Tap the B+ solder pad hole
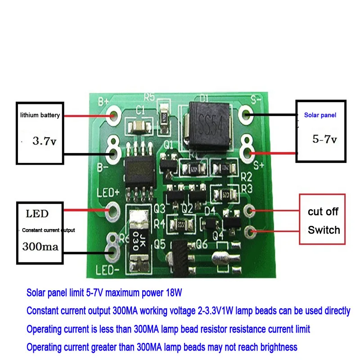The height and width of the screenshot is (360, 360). pyautogui.click(x=113, y=116)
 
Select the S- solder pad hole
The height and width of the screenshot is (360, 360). pyautogui.click(x=246, y=114)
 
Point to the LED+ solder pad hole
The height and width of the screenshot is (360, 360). pyautogui.click(x=112, y=209)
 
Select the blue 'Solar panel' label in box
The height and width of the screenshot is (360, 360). pyautogui.click(x=320, y=115)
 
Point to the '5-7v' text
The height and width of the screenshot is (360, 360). pyautogui.click(x=324, y=139)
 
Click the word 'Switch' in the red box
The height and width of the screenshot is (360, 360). pyautogui.click(x=324, y=230)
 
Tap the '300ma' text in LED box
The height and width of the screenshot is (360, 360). pyautogui.click(x=40, y=247)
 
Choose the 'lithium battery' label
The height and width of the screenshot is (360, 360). pyautogui.click(x=40, y=116)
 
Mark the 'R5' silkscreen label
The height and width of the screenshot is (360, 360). pyautogui.click(x=149, y=97)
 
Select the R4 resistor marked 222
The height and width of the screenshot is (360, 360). pyautogui.click(x=181, y=224)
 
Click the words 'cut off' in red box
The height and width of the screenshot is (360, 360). pyautogui.click(x=323, y=212)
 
